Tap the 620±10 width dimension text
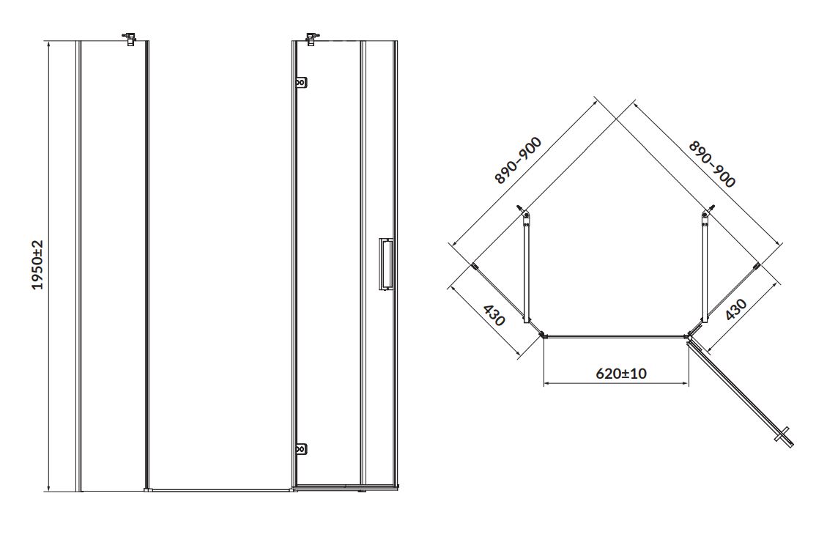[621, 373]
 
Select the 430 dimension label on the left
[494, 315]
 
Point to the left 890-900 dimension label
[518, 160]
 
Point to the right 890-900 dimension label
[712, 164]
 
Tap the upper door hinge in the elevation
[301, 84]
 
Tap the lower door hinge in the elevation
[301, 449]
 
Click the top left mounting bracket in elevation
[129, 38]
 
